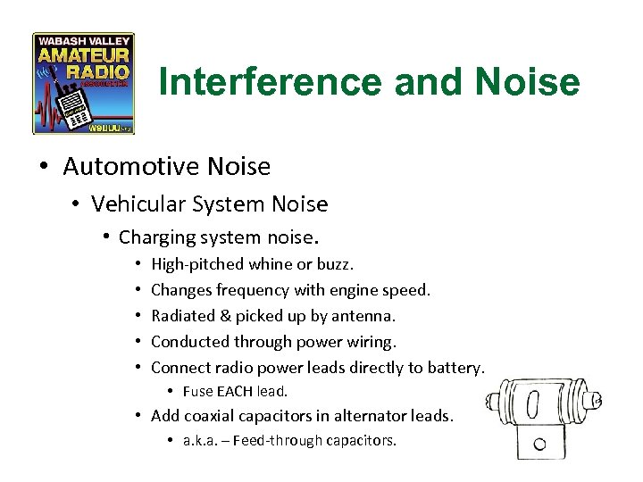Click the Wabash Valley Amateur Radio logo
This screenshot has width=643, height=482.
point(83,84)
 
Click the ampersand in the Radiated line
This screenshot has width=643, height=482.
point(224,315)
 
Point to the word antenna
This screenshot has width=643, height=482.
point(363,315)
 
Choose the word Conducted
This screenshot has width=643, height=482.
point(190,341)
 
